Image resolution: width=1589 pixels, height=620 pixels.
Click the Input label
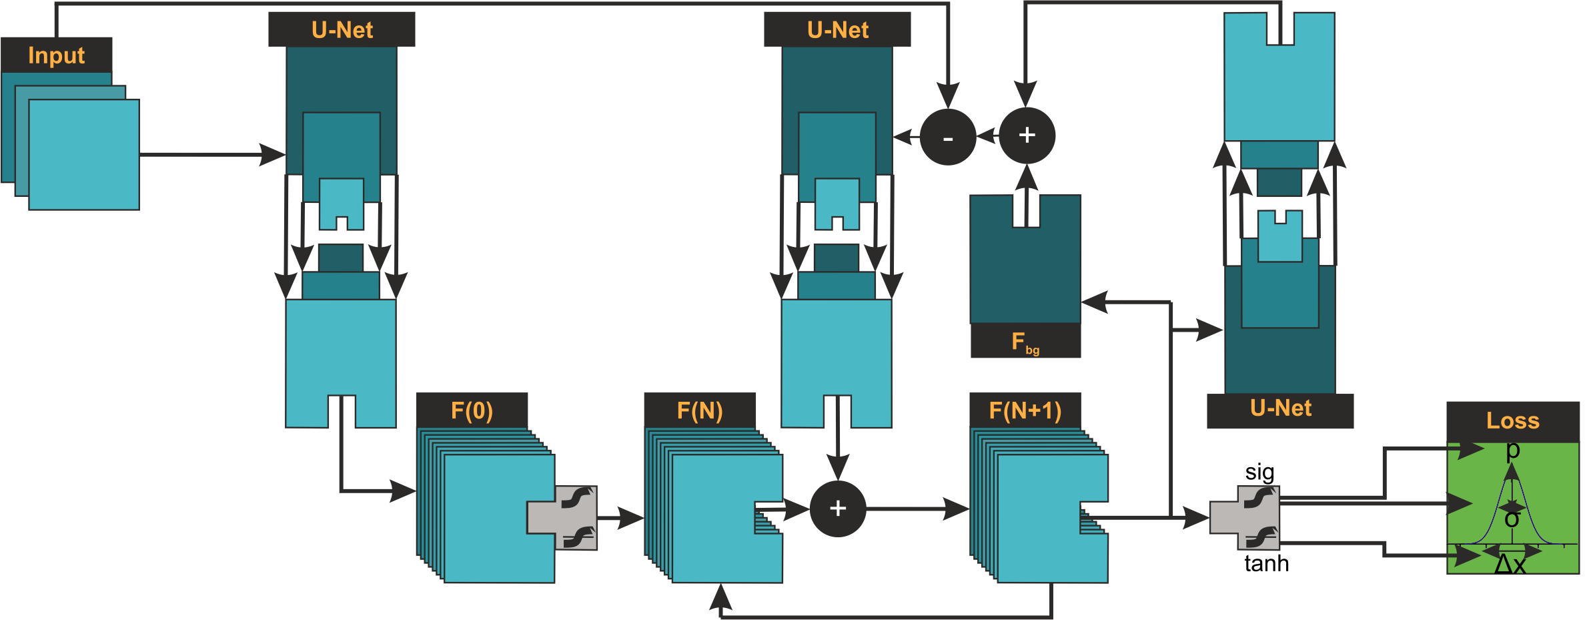coord(57,55)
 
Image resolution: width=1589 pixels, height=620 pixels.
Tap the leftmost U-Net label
coord(342,30)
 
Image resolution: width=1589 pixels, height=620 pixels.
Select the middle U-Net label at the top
coord(837,30)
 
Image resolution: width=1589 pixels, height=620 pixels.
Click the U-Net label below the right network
coord(1280,408)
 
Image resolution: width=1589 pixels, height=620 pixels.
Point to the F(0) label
coord(472,411)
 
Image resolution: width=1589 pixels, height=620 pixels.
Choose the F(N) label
coord(700,411)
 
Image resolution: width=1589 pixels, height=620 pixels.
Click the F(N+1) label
coord(1025,411)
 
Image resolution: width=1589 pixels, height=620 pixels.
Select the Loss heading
coord(1512,421)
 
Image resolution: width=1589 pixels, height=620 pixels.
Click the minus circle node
coord(948,137)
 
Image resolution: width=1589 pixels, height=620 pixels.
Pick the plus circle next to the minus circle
coord(1027,135)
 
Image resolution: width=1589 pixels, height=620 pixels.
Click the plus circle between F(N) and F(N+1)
coord(838,509)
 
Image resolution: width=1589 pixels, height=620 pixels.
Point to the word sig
coord(1259,473)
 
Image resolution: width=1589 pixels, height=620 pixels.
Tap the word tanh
coord(1266,564)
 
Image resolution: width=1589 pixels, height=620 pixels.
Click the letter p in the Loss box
coord(1513,450)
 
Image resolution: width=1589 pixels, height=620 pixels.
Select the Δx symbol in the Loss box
coord(1510,565)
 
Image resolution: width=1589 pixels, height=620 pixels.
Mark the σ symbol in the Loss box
coord(1512,519)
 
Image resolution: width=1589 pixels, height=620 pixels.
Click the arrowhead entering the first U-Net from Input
coord(274,154)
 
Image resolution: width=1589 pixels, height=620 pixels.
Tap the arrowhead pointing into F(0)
coord(403,491)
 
